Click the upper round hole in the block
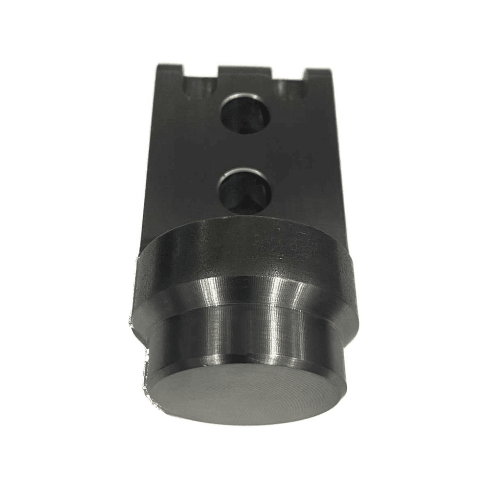[x=244, y=115]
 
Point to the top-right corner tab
[x=319, y=76]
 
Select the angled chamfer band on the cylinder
[x=244, y=293]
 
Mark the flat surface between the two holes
[x=244, y=152]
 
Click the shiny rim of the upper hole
[x=244, y=97]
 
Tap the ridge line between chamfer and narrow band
[x=244, y=311]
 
